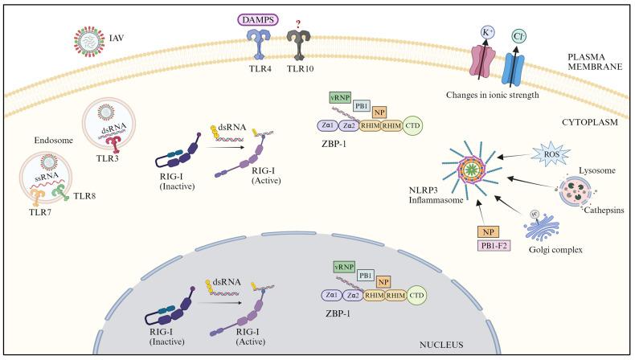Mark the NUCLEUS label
coord(441,344)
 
